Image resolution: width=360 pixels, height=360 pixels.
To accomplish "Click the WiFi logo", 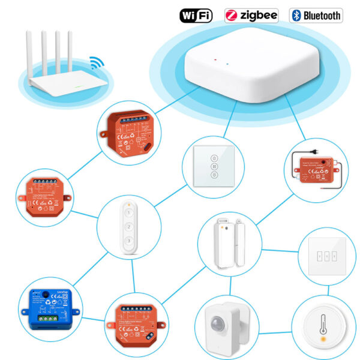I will (196, 15).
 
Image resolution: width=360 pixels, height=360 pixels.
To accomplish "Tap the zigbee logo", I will (251, 15).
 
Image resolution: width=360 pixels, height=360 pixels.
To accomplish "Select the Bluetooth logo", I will (316, 15).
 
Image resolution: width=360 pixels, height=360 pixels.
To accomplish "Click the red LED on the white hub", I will (214, 60).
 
